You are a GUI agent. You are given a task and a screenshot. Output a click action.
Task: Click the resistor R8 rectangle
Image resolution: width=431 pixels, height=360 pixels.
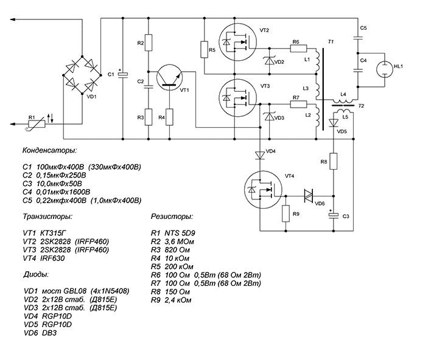(334, 162)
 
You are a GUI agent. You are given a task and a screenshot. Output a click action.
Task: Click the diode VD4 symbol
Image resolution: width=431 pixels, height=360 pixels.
(259, 154)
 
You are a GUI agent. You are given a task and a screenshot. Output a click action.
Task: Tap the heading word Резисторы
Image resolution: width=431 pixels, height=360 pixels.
(172, 216)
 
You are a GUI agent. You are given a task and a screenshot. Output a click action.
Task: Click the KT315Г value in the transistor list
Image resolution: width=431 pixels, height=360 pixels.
(56, 233)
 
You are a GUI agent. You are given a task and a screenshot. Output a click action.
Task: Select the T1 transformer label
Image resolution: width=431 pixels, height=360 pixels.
(331, 41)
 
